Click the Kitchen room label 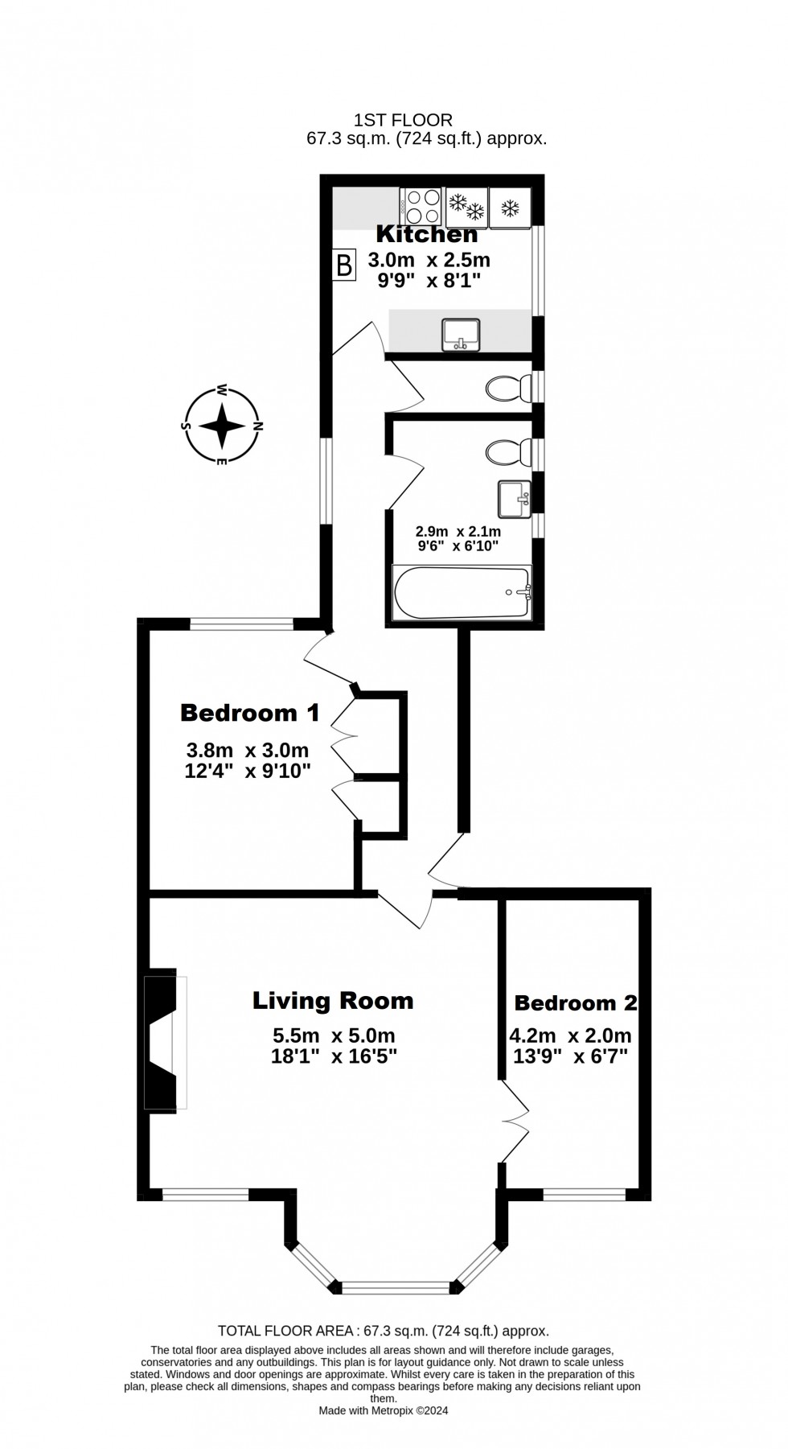[427, 235]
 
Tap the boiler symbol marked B [344, 265]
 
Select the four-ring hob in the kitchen [422, 206]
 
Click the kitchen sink [461, 334]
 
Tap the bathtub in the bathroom [462, 593]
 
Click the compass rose [222, 426]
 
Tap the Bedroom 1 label [249, 713]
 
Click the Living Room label [333, 1001]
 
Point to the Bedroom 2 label [576, 1003]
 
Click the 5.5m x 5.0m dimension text [334, 1036]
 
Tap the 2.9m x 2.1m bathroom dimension [458, 532]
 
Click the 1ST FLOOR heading [404, 120]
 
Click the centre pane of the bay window [395, 1286]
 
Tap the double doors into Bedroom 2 [515, 1121]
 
